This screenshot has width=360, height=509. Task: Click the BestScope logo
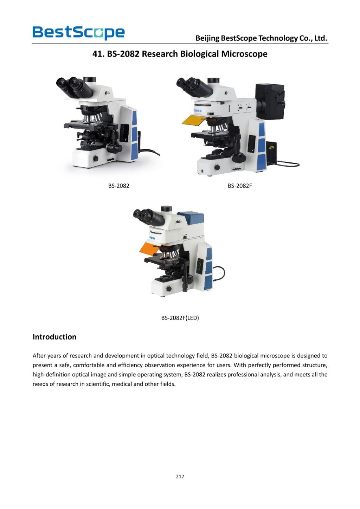tap(78, 32)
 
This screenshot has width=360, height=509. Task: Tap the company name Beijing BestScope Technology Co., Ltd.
tap(261, 38)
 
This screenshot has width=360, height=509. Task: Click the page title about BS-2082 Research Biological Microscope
tap(180, 54)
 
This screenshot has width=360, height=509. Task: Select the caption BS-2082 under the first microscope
tap(118, 186)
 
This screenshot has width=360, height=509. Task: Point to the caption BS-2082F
tap(240, 186)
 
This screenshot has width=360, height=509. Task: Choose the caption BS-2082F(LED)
tap(180, 318)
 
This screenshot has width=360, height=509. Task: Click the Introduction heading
tap(54, 337)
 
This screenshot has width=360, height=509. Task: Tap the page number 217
tap(180, 476)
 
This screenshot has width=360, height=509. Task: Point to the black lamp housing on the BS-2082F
tap(270, 101)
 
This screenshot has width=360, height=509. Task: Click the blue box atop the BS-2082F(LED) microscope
tap(191, 218)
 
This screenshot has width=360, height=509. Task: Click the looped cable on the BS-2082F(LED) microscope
tap(219, 273)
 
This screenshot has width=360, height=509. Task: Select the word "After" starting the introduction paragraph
tap(39, 355)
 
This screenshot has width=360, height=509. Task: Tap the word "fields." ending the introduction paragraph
tap(168, 384)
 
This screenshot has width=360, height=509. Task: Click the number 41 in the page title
tap(97, 54)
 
